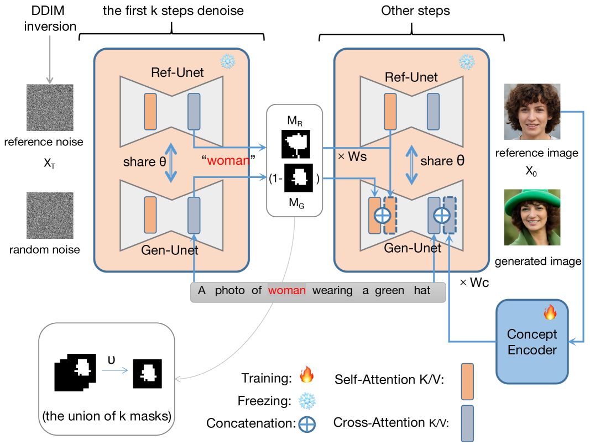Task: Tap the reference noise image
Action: (x=50, y=107)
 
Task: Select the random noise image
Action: (x=50, y=215)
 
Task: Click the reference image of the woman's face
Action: (x=532, y=112)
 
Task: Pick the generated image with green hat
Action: (x=532, y=217)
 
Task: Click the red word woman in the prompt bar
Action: (x=286, y=291)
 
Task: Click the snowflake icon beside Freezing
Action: (x=306, y=400)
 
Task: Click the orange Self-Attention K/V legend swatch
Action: (x=467, y=381)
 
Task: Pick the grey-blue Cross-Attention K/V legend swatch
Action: (x=467, y=423)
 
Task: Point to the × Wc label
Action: (x=474, y=282)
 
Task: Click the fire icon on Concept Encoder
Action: (x=549, y=313)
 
